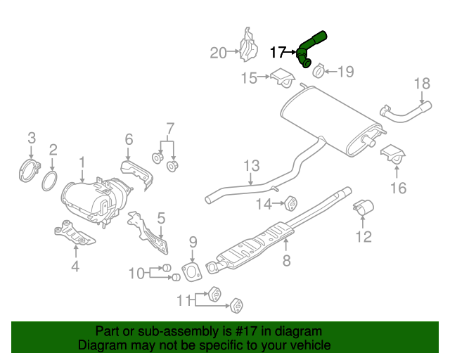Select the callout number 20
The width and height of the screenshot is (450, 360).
click(219, 52)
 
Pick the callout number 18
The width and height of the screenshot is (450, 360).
click(420, 84)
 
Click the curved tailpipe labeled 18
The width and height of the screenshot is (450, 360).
click(404, 111)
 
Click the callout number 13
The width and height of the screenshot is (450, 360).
click(252, 166)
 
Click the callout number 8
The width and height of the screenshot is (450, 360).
click(286, 262)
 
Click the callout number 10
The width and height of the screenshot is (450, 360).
click(136, 272)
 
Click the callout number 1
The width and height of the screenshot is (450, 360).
click(82, 163)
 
